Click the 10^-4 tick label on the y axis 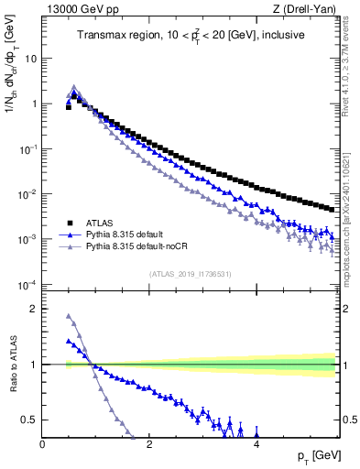pyautogui.click(x=27, y=285)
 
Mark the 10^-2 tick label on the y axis pyautogui.click(x=27, y=194)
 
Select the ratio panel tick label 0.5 pyautogui.click(x=30, y=420)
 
